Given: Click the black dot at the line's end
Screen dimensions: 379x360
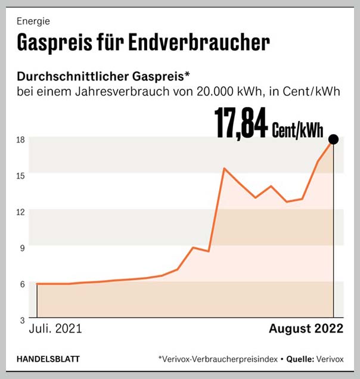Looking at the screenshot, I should [x=333, y=139].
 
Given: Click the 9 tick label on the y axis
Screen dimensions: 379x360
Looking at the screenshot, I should [x=22, y=247].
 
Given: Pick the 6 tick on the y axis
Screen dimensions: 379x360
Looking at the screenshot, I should [x=22, y=284].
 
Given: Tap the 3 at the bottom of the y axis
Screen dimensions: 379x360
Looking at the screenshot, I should [x=22, y=319].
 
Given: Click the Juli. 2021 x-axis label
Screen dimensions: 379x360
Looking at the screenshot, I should [x=55, y=328].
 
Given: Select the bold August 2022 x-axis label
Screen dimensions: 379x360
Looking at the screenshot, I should [x=306, y=328].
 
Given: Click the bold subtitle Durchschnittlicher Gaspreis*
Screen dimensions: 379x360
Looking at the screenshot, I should [x=104, y=77].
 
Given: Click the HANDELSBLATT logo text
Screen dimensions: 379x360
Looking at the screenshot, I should [x=48, y=359].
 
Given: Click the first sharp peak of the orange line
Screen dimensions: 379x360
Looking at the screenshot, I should [x=224, y=169].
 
